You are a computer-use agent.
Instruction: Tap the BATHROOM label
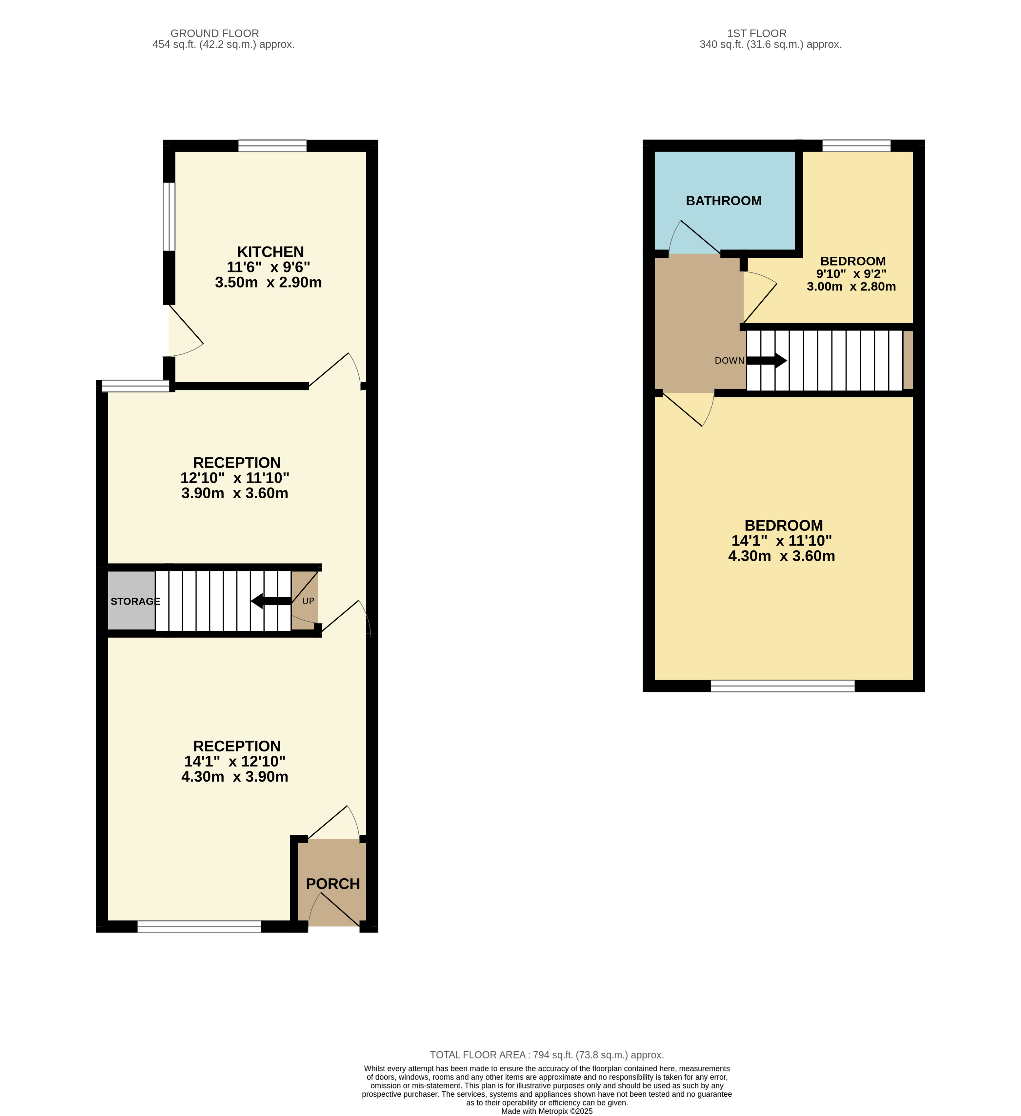pos(724,201)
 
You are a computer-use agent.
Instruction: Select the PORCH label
pos(333,884)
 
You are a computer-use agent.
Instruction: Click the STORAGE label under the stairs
pos(135,601)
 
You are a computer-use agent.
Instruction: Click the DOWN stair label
pos(729,360)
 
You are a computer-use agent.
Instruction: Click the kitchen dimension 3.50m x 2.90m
pos(269,282)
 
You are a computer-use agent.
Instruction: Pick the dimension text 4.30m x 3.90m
pos(235,777)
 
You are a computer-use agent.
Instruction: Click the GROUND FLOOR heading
pos(215,33)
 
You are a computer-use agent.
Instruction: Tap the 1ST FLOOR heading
pos(757,33)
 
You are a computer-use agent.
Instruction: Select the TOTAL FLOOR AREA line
pos(547,1055)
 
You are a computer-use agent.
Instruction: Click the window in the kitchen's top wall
pos(272,146)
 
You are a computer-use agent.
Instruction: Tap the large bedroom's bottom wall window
pos(783,686)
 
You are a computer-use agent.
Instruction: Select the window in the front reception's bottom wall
pos(199,927)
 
